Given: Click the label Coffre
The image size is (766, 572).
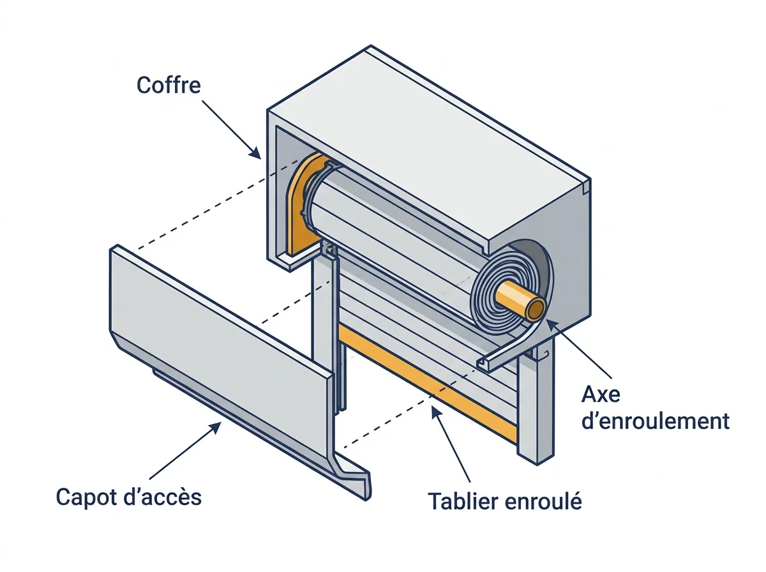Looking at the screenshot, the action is pyautogui.click(x=169, y=85).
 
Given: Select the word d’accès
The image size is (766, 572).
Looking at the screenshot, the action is pyautogui.click(x=163, y=497).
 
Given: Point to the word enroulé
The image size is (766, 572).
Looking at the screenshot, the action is pyautogui.click(x=543, y=501).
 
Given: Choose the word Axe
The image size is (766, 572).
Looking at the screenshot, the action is pyautogui.click(x=601, y=395).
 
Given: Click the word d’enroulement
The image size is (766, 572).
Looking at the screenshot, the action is pyautogui.click(x=656, y=421).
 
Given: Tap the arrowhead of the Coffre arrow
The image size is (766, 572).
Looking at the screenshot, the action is pyautogui.click(x=256, y=154).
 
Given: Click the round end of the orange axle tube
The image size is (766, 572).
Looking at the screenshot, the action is pyautogui.click(x=536, y=309).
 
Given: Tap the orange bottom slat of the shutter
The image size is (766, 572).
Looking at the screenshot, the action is pyautogui.click(x=426, y=380).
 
